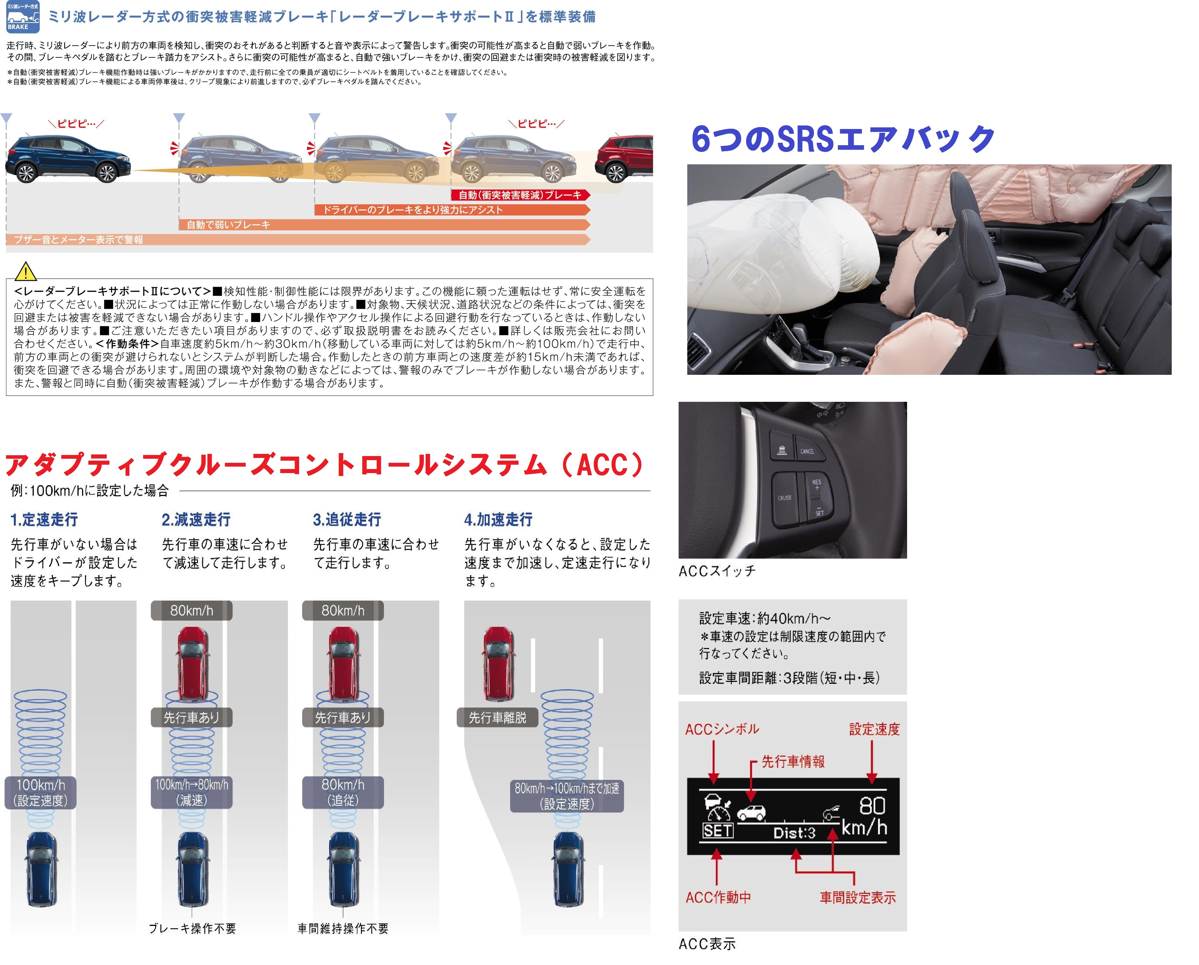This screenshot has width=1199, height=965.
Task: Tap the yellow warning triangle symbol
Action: [x=26, y=271]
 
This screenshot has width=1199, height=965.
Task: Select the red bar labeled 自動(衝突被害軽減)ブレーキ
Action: [x=521, y=195]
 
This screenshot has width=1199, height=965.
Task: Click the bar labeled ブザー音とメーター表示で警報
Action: [x=298, y=240]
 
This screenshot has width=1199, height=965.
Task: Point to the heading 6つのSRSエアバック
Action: [x=843, y=139]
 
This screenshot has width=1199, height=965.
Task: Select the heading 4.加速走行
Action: [x=498, y=520]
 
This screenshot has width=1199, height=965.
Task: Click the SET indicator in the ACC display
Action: [x=718, y=831]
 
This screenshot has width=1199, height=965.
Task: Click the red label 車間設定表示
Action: [x=858, y=898]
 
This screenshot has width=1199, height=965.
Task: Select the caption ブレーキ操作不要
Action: [x=193, y=928]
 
